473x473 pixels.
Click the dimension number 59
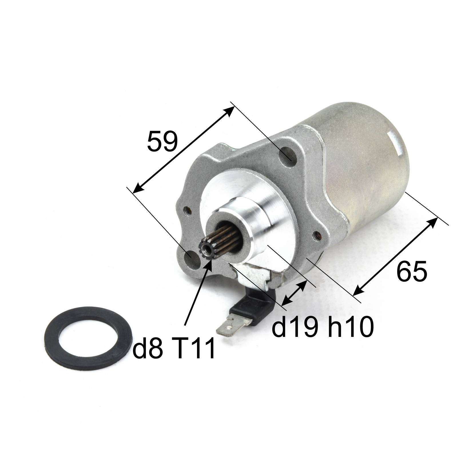[x=162, y=141]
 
